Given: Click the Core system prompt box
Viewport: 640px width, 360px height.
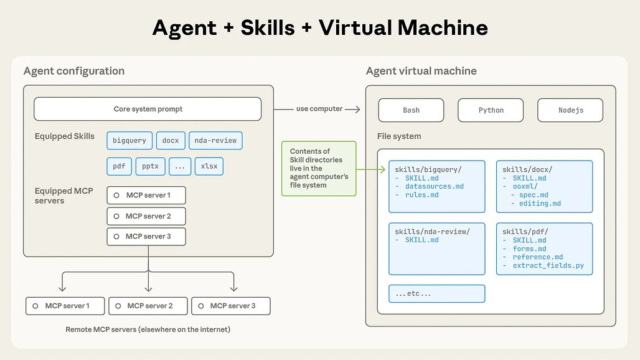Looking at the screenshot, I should [x=148, y=109].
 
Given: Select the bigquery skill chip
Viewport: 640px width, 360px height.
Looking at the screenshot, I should [x=129, y=141].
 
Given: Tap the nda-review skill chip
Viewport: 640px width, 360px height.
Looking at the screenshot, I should [x=215, y=141].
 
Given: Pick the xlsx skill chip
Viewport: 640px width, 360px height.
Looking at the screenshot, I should [x=209, y=167].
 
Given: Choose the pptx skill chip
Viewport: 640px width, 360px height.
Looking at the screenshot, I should [x=150, y=167].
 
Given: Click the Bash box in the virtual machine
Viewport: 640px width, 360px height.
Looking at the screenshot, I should [x=411, y=110].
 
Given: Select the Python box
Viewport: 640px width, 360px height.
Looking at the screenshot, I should [x=491, y=110].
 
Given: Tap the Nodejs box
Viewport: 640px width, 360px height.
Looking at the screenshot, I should [x=570, y=110].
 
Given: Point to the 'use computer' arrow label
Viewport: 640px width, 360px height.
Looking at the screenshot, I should [x=319, y=109].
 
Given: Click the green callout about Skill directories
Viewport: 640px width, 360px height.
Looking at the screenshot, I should [x=318, y=168].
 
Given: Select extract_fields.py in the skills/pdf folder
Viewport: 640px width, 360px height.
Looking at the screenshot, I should [x=548, y=266].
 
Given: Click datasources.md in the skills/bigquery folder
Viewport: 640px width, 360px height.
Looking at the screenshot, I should [x=434, y=186].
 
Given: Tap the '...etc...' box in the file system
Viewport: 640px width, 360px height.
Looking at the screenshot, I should [x=436, y=293].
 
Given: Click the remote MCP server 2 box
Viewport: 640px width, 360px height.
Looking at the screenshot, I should [x=149, y=306].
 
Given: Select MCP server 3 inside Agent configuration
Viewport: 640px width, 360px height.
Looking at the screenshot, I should [x=146, y=237].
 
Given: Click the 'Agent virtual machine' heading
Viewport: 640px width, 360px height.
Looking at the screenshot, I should [x=421, y=71].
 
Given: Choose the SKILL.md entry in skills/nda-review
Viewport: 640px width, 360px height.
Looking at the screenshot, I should [x=421, y=240].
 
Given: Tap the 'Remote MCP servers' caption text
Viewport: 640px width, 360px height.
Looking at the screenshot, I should [x=148, y=329].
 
